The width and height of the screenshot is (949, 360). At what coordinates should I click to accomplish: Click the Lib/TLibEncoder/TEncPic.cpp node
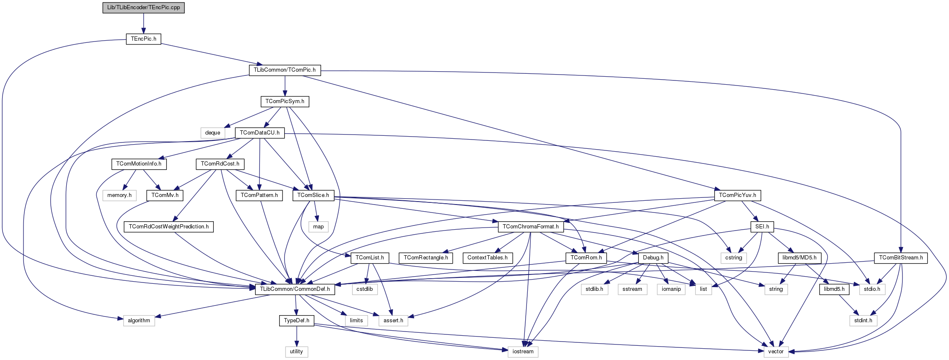click(143, 8)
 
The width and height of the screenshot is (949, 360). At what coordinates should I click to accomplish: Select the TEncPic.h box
click(143, 39)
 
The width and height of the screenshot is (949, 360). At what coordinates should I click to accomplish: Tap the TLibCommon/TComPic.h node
click(285, 70)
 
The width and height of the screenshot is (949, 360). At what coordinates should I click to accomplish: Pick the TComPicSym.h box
click(285, 101)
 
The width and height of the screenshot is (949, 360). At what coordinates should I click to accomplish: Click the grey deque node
click(213, 133)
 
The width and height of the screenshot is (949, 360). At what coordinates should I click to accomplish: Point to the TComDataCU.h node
click(260, 133)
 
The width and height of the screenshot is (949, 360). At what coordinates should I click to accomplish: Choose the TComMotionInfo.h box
click(139, 164)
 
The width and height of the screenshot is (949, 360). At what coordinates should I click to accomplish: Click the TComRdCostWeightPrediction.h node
click(169, 227)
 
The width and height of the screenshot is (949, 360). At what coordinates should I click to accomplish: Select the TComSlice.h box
click(313, 195)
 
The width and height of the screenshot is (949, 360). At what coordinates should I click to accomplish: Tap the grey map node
click(318, 227)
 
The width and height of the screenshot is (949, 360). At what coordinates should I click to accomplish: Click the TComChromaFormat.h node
click(530, 227)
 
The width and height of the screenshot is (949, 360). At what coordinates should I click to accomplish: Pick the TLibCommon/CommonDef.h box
click(295, 289)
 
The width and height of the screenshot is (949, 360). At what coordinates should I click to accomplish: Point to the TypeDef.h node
click(296, 321)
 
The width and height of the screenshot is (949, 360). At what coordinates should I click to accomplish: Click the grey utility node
click(296, 352)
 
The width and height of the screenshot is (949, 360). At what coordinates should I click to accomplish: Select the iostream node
click(523, 352)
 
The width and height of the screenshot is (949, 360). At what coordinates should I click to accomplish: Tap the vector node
click(775, 352)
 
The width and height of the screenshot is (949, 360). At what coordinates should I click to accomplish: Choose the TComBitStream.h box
click(901, 258)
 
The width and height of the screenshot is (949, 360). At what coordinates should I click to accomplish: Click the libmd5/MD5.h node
click(799, 258)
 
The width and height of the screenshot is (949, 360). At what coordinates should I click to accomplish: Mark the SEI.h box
click(762, 227)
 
